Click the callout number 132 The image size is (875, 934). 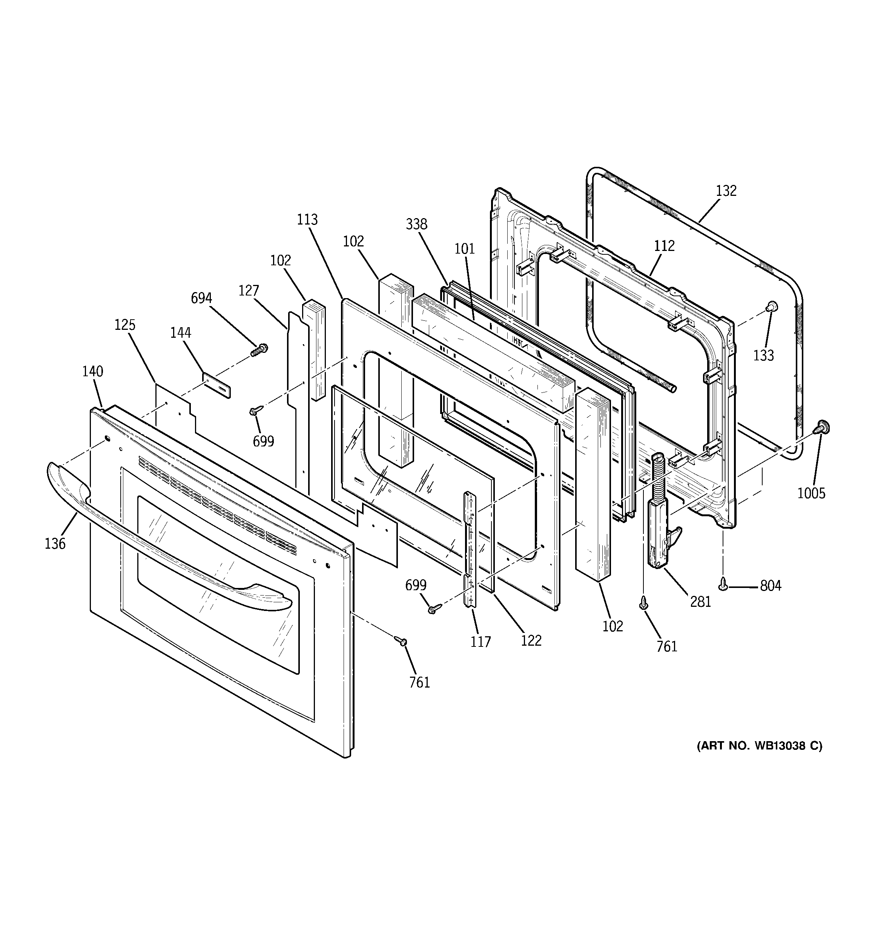tap(726, 191)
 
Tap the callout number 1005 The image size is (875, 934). tap(811, 493)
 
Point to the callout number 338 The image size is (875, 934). tap(417, 224)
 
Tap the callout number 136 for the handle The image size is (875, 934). tap(55, 543)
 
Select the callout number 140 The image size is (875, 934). tap(92, 371)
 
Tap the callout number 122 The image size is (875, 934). tap(531, 640)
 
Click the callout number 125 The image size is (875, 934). tap(125, 325)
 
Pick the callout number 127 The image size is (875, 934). tap(249, 291)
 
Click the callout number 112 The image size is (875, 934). tap(664, 246)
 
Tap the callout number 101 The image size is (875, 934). tap(465, 249)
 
